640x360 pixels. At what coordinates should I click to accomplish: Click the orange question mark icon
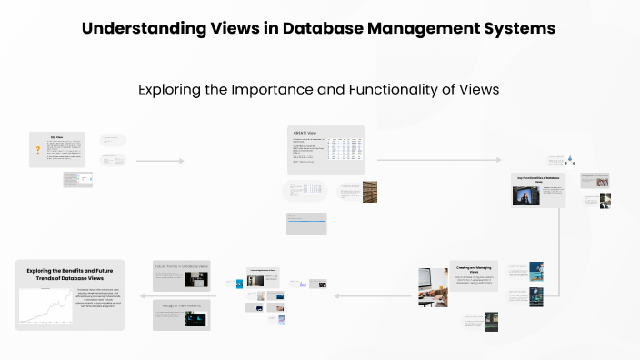pyautogui.click(x=37, y=150)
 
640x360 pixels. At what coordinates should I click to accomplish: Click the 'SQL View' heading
pyautogui.click(x=56, y=137)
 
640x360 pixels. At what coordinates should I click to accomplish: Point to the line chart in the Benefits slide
pyautogui.click(x=43, y=310)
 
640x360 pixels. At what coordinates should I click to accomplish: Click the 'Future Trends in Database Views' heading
pyautogui.click(x=182, y=266)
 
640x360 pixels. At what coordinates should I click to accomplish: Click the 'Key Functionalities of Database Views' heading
pyautogui.click(x=537, y=179)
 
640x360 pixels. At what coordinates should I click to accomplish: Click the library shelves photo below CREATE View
pyautogui.click(x=369, y=191)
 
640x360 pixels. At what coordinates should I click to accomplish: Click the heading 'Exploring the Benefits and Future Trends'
pyautogui.click(x=69, y=275)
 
